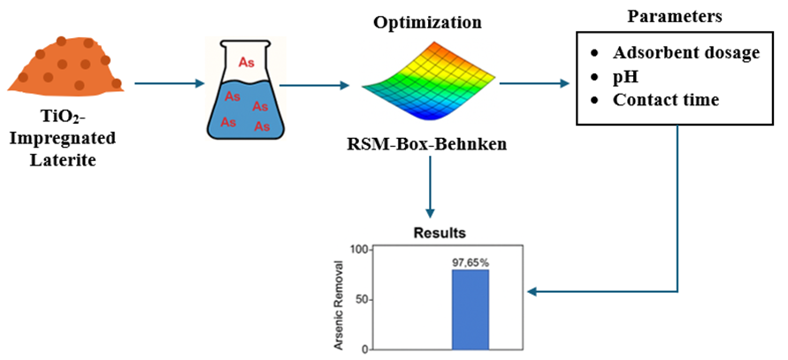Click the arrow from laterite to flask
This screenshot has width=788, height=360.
[x=168, y=85]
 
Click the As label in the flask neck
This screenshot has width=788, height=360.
[x=246, y=62]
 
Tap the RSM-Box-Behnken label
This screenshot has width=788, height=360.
[x=428, y=142]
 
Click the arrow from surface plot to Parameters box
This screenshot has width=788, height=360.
[x=533, y=85]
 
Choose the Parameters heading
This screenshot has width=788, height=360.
[x=676, y=15]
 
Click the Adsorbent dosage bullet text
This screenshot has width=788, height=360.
[x=686, y=53]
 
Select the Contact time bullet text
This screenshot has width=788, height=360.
[x=666, y=100]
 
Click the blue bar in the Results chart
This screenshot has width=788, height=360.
[x=471, y=309]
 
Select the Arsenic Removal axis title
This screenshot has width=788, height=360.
[x=339, y=299]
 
